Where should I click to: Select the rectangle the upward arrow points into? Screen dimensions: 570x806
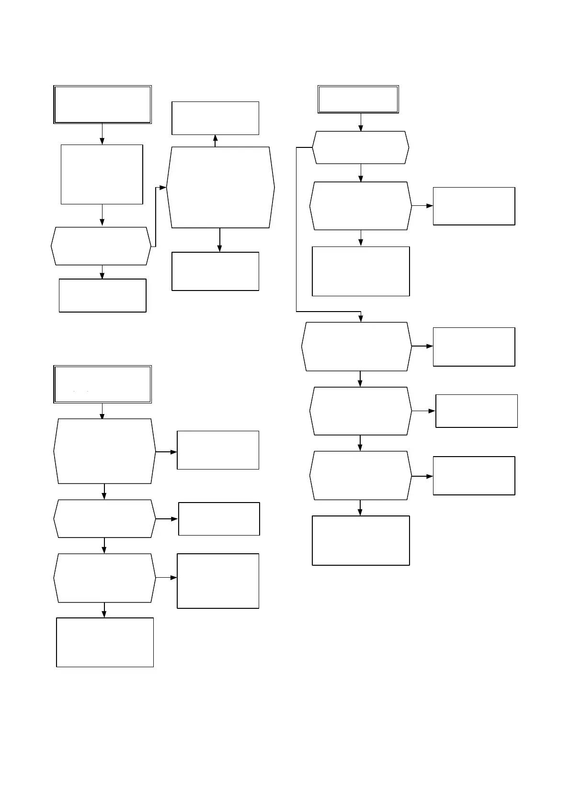tap(215, 118)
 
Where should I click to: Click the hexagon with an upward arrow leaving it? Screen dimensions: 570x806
tap(220, 187)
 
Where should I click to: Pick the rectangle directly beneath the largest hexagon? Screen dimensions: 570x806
tap(215, 271)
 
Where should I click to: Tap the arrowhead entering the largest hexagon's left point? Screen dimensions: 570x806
tap(163, 188)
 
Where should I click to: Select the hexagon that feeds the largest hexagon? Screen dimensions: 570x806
tap(101, 246)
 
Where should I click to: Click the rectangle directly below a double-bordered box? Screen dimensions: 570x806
tap(102, 174)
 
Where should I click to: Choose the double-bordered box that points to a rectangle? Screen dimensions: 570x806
tap(102, 104)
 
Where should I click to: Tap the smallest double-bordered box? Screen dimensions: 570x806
tap(358, 99)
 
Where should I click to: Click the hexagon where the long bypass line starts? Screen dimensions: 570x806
tap(360, 147)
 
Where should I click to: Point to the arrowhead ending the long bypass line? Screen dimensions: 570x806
tap(361, 319)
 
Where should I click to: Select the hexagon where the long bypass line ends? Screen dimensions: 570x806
tap(357, 346)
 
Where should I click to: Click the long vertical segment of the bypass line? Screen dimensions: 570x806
tap(296, 230)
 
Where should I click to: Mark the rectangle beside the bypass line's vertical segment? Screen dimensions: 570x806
tap(361, 271)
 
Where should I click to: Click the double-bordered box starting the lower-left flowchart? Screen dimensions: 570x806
tap(102, 384)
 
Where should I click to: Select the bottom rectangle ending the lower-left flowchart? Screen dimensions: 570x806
tap(105, 642)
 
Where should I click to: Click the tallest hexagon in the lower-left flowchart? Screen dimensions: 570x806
tap(104, 451)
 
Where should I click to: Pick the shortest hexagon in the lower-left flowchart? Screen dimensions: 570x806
tap(104, 518)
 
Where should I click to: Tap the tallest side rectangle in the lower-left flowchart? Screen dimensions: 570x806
tap(218, 581)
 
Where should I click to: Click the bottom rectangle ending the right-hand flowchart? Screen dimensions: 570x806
tap(361, 540)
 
